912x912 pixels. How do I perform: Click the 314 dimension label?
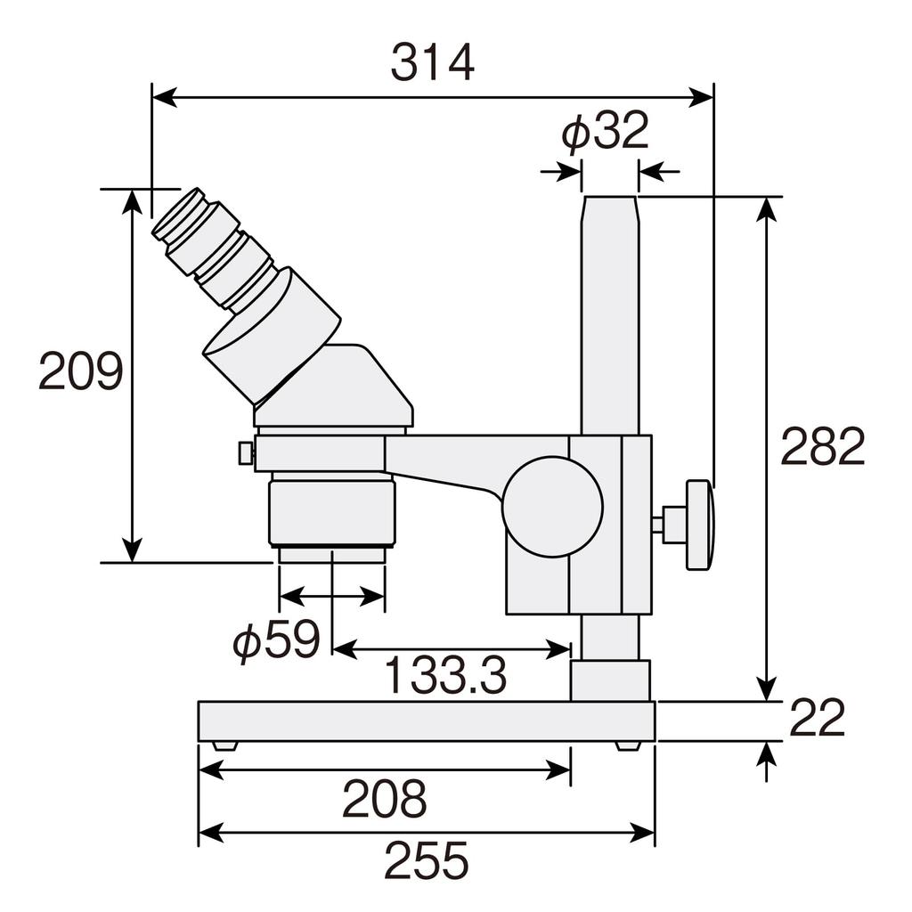(433, 63)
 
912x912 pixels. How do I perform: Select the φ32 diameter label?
(605, 133)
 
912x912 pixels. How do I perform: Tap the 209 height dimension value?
(80, 372)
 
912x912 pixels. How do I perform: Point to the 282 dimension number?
(822, 447)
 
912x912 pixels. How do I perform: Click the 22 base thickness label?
(817, 719)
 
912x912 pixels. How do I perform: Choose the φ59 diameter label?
(275, 640)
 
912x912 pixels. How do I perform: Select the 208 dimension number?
(385, 799)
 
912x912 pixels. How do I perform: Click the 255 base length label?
(426, 861)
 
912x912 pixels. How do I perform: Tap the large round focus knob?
(552, 507)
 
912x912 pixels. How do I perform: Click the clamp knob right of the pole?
(698, 525)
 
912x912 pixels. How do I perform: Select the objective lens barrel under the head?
(332, 511)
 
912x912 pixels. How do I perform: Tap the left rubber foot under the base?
(224, 745)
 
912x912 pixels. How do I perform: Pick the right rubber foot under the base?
(628, 745)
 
